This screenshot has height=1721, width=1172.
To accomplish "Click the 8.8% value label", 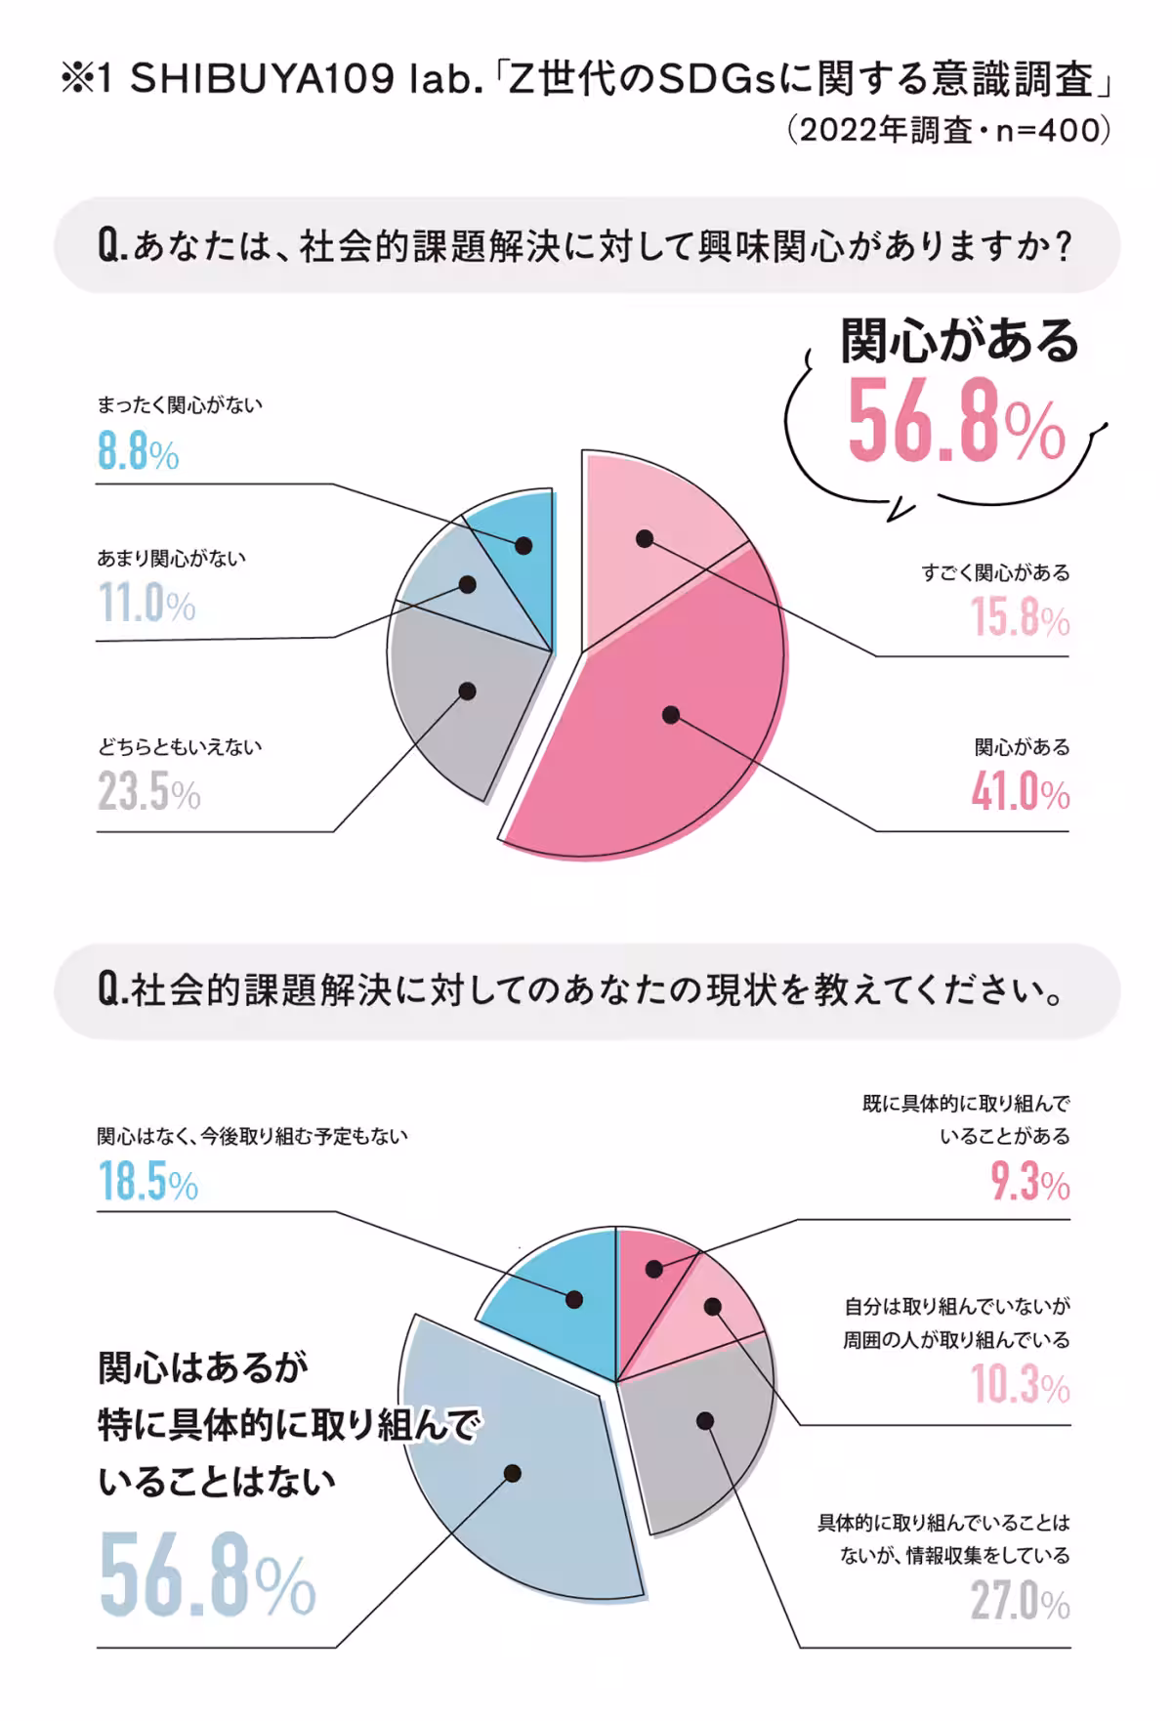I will click(138, 452).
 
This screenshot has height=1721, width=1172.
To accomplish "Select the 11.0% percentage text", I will click(146, 603).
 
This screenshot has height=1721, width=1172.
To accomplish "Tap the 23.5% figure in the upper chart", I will click(148, 791).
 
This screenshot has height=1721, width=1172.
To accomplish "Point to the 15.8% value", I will click(1020, 618).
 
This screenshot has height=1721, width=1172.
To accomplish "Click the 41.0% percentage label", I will click(1020, 792).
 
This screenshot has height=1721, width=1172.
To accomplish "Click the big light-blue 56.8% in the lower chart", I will click(207, 1574).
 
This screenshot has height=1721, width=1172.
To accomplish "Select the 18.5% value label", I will click(147, 1182).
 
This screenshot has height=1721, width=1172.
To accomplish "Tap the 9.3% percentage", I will click(1029, 1183).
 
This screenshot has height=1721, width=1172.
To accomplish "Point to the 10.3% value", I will click(1020, 1385).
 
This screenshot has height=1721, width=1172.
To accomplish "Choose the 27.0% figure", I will click(1020, 1602).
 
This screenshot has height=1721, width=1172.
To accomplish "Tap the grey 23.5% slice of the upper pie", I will click(459, 703).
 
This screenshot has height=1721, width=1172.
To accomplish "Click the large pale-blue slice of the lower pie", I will click(518, 1465).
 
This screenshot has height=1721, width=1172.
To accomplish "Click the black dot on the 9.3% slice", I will click(654, 1269).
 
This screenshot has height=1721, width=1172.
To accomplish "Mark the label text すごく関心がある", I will click(995, 573).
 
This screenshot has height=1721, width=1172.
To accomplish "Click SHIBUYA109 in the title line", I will click(263, 79).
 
